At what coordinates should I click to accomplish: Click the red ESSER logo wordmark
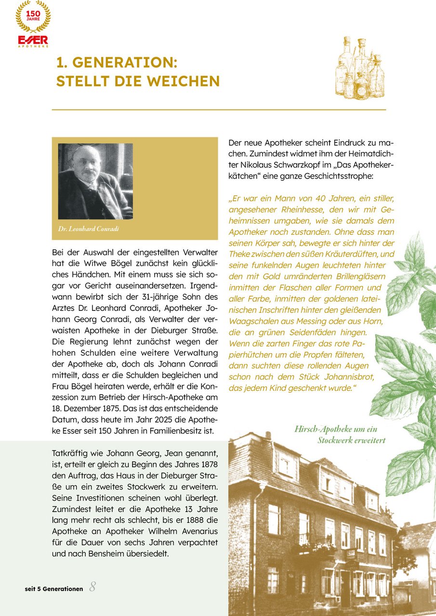(x=33, y=39)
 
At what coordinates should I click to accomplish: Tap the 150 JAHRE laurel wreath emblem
(x=33, y=16)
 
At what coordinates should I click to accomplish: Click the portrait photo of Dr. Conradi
(x=95, y=181)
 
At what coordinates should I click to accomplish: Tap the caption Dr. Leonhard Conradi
(x=88, y=229)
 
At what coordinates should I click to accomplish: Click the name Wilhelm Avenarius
(x=184, y=531)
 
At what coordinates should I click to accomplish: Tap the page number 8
(x=92, y=587)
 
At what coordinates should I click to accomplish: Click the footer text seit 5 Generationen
(x=54, y=589)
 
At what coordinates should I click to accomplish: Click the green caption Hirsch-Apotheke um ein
(x=336, y=429)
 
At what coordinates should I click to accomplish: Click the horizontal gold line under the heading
(x=219, y=110)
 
